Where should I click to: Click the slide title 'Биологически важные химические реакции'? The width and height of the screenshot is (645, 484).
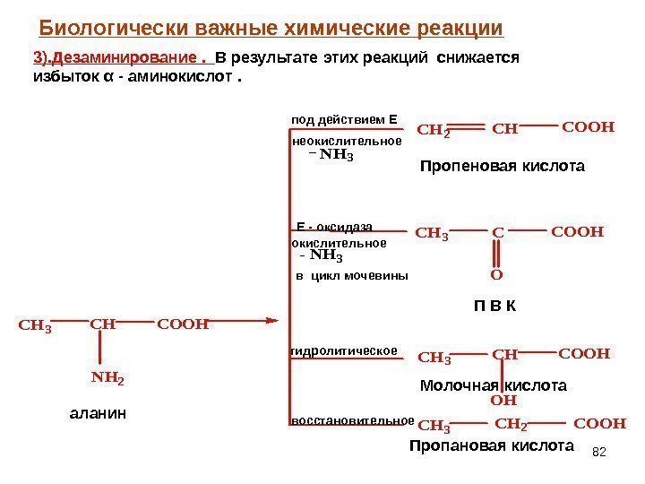pyautogui.click(x=272, y=29)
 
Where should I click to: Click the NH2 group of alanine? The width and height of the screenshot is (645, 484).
pyautogui.click(x=107, y=378)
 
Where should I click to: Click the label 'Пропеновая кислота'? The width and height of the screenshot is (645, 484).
pyautogui.click(x=502, y=167)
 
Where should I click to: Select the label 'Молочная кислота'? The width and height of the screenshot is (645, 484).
pyautogui.click(x=494, y=386)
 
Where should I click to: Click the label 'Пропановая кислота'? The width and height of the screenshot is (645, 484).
pyautogui.click(x=491, y=445)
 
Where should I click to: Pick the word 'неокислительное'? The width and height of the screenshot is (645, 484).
pyautogui.click(x=348, y=141)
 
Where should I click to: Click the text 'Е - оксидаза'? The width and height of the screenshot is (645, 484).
pyautogui.click(x=334, y=227)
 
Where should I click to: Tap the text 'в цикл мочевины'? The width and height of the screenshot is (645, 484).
pyautogui.click(x=351, y=277)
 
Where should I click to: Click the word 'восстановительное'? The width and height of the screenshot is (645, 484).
pyautogui.click(x=352, y=419)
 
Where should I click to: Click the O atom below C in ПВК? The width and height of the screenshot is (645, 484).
pyautogui.click(x=497, y=275)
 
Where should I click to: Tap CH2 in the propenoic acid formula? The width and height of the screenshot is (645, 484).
pyautogui.click(x=434, y=131)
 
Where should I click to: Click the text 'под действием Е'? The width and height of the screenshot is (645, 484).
pyautogui.click(x=344, y=118)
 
